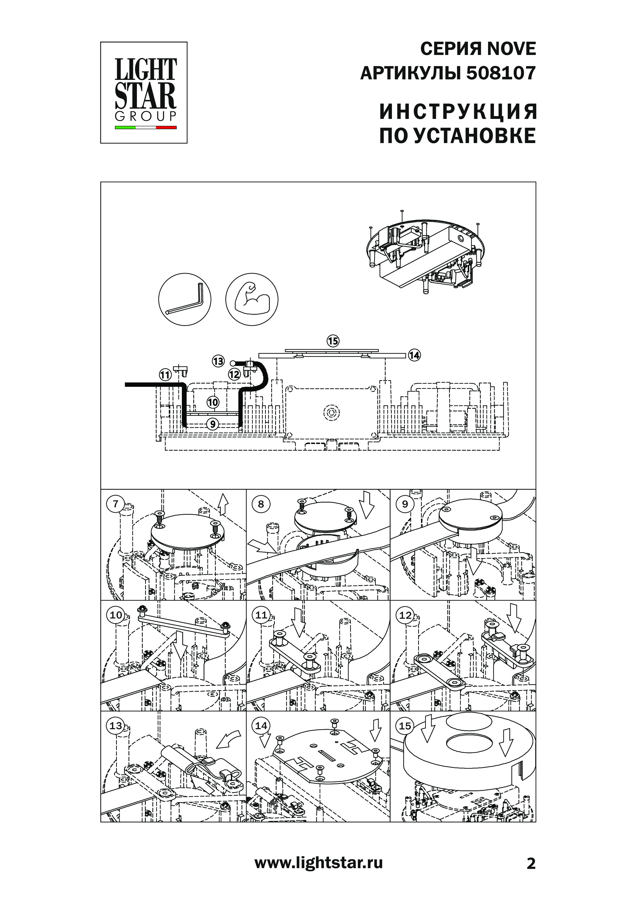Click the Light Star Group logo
click(144, 93)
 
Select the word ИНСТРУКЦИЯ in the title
click(458, 112)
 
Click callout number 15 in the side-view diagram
click(333, 341)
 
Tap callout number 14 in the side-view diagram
click(414, 355)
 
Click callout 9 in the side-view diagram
click(212, 424)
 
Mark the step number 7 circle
click(115, 504)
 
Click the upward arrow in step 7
click(223, 504)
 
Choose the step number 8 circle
click(261, 504)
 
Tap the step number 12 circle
click(405, 615)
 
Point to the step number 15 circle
click(405, 726)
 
